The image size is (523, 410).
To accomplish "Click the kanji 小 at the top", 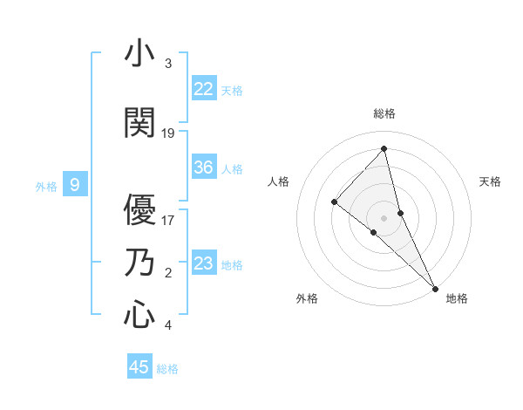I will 139,54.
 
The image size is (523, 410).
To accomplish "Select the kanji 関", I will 139,123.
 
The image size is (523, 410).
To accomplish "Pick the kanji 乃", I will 139,263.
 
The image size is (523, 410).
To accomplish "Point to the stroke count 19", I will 168,133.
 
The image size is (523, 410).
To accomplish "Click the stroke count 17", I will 168,220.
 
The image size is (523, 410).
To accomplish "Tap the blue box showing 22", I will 204,89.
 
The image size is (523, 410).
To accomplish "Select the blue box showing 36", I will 204,167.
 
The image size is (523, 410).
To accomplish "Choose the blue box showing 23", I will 204,263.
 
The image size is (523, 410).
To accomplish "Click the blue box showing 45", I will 139,367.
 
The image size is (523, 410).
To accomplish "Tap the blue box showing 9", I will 75,184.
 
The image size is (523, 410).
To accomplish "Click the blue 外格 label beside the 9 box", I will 45,185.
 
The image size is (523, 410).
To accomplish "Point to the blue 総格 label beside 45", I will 167,368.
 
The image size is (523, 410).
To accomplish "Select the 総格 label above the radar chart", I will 384,113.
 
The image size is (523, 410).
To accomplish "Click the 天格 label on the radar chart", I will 491,181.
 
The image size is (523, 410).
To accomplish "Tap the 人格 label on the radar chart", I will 278,181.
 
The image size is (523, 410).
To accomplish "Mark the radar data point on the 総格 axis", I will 384,148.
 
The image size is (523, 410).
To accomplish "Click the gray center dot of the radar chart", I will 384,217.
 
